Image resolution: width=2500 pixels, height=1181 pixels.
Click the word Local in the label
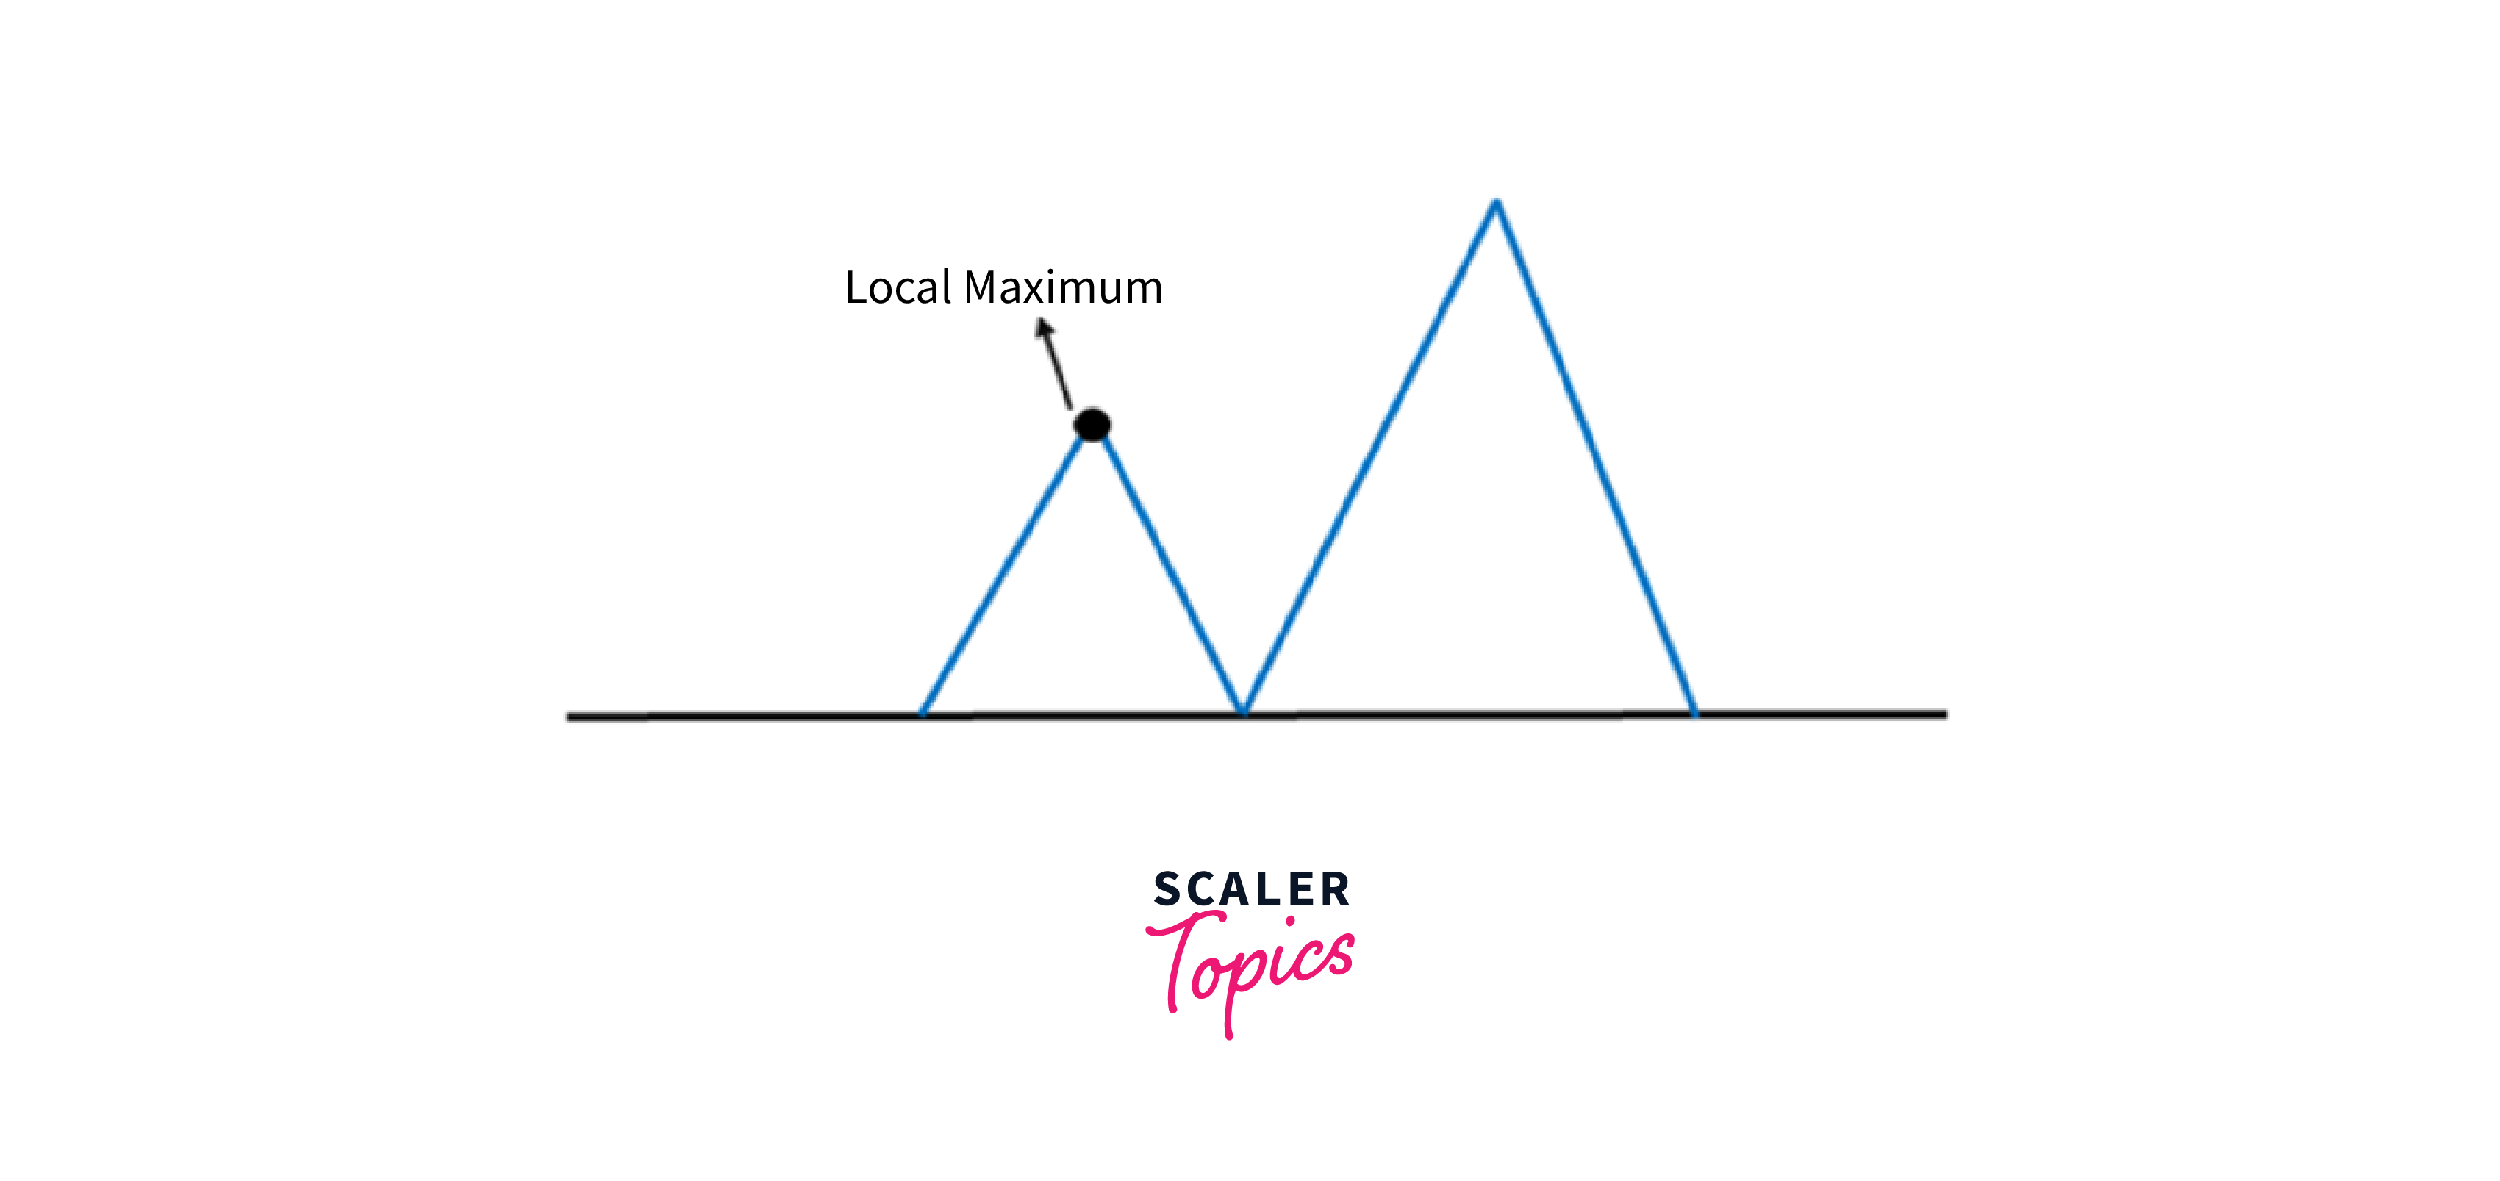click(898, 287)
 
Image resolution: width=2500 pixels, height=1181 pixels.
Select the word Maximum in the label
click(1063, 287)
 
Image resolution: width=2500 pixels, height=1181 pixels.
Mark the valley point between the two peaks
click(1243, 711)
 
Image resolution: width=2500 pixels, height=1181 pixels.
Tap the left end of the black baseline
click(570, 717)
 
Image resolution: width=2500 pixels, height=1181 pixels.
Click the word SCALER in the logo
click(1251, 889)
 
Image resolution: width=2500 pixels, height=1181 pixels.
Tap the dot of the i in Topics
click(1290, 920)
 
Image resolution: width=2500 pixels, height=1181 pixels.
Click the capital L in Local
click(856, 287)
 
